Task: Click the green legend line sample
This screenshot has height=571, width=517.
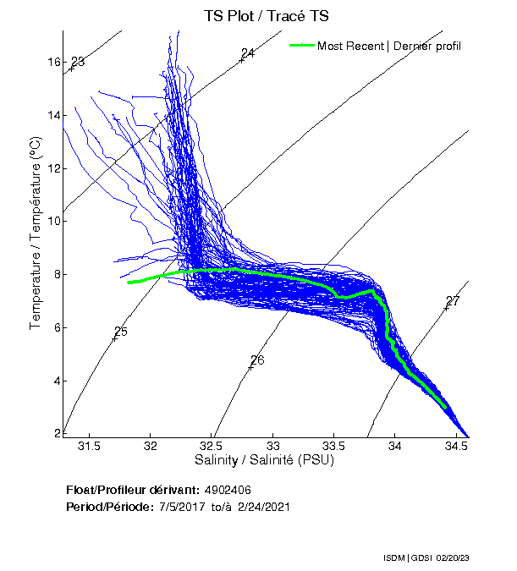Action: pos(301,45)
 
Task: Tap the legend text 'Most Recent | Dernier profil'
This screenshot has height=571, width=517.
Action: pos(389,46)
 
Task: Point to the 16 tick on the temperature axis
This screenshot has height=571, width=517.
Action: pos(52,63)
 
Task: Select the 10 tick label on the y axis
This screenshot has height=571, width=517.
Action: pos(52,222)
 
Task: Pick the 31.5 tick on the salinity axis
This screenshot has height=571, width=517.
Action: pos(89,446)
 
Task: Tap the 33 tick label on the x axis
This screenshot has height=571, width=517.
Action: pos(273,446)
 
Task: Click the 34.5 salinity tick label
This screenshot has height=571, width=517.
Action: pos(457,446)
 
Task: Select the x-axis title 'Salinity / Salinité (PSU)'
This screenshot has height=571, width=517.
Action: pos(264,460)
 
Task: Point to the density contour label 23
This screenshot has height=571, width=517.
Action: pos(78,62)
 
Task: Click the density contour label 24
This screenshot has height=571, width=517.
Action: pos(248,53)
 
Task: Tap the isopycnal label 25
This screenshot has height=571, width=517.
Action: pos(120,332)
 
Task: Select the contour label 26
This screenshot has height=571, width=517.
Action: pos(257,360)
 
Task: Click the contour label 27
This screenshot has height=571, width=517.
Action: pos(453,301)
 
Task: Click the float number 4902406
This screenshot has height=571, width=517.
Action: pos(228,490)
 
